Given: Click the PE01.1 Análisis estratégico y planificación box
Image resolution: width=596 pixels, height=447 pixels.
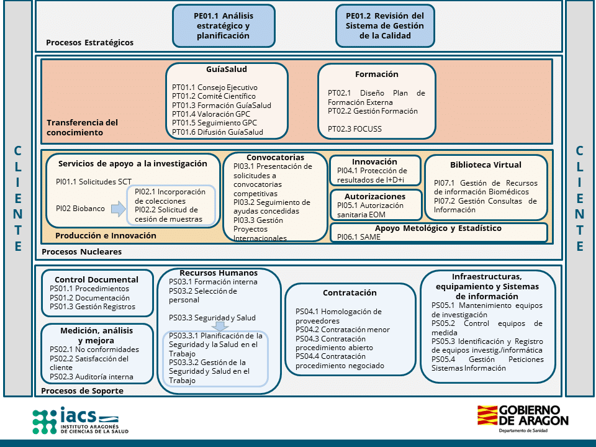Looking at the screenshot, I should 223,26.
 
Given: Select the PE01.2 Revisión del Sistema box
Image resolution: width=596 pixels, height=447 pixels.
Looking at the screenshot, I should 385,26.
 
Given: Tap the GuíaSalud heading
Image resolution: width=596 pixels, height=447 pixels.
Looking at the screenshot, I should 227,69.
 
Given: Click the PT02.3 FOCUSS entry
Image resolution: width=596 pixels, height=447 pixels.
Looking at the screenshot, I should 355,129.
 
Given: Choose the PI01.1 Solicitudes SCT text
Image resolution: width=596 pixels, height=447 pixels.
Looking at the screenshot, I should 94,181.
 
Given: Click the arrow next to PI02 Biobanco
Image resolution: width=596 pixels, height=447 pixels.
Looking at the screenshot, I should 118,209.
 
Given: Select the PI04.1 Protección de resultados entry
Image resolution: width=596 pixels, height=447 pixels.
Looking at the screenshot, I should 372,175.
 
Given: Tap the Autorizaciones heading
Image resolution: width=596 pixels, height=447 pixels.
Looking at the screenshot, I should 375,196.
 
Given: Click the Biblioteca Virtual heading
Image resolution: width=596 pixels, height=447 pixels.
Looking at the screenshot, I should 485,165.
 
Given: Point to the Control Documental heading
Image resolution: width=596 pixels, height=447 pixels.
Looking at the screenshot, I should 96,279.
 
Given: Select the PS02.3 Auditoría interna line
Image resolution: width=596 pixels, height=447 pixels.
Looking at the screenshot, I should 83,376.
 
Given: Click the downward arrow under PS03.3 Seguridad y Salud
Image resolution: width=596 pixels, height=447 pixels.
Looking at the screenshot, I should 218,327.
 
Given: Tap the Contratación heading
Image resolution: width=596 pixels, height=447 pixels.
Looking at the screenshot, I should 350,292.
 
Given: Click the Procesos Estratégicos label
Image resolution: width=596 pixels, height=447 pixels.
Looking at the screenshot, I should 89,43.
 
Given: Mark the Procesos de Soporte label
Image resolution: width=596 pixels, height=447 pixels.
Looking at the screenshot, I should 82,391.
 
